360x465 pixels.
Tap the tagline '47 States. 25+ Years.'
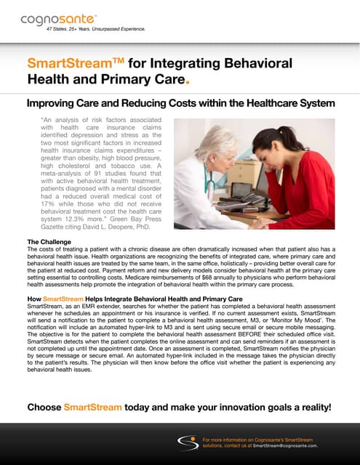point(73,28)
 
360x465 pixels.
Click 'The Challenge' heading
point(49,241)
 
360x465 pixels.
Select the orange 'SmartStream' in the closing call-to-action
point(94,407)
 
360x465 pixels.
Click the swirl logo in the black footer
point(190,442)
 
